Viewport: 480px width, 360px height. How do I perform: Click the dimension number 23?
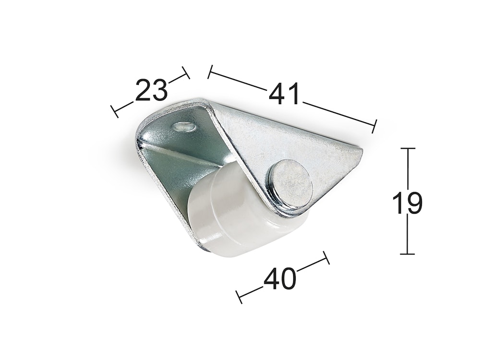(x=152, y=90)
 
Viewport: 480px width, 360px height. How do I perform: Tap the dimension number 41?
(x=284, y=94)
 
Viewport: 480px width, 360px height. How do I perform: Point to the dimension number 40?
(x=280, y=278)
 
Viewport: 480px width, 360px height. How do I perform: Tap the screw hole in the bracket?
(x=184, y=126)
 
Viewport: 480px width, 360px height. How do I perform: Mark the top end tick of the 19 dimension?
(x=408, y=148)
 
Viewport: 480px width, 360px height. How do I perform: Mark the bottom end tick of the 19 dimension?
(x=408, y=254)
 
